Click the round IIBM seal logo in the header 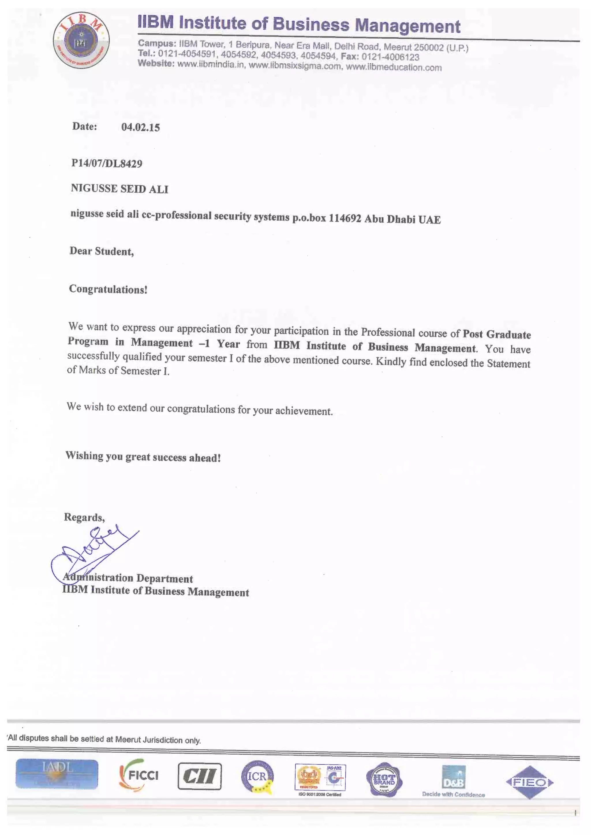pos(81,40)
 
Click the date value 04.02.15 pos(141,127)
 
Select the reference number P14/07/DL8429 pos(106,163)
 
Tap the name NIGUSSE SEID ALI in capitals pos(119,189)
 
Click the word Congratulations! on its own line pos(108,289)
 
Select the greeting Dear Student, pos(102,251)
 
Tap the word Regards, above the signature pos(84,517)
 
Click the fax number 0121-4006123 pos(390,57)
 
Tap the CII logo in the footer pos(199,776)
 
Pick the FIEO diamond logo pos(530,782)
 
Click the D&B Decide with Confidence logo pos(453,781)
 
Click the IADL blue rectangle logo pos(57,774)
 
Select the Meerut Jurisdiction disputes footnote pos(104,739)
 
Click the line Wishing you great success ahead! pos(143,456)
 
